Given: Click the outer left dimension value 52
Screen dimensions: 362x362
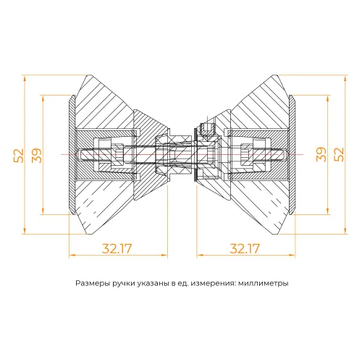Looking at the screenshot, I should point(19,154).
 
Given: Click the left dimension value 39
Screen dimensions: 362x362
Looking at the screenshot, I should point(36,154).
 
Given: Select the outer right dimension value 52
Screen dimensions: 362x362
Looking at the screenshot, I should point(340,154).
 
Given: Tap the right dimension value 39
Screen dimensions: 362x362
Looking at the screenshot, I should point(321,154).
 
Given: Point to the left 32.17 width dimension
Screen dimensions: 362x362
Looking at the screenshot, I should point(117,248).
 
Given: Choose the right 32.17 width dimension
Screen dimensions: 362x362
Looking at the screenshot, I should point(245,248).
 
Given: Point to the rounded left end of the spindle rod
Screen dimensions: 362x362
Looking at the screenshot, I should point(75,155).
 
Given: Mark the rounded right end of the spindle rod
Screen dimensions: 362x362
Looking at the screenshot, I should point(285,155).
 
